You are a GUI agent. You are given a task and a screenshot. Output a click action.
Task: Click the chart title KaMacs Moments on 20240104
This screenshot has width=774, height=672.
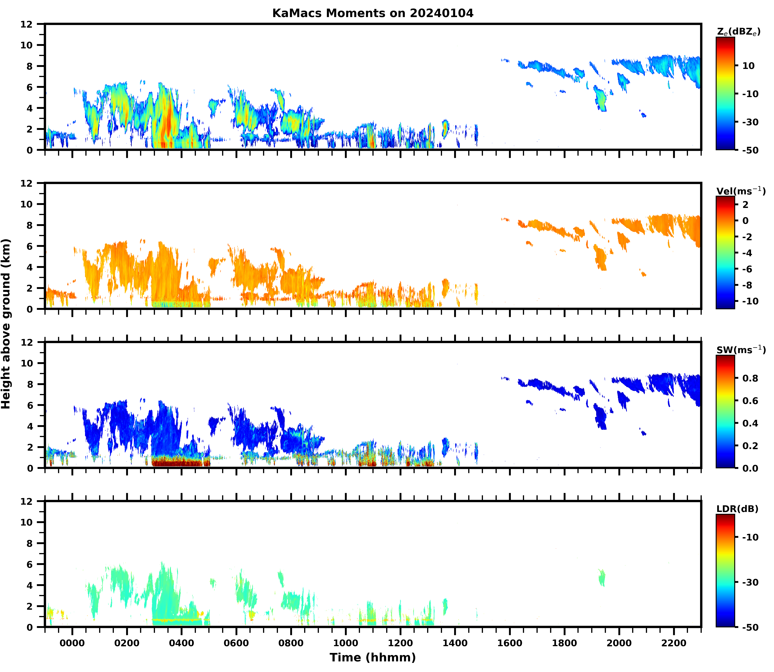(373, 13)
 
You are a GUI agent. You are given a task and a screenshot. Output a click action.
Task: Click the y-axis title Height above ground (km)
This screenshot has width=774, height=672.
(6, 324)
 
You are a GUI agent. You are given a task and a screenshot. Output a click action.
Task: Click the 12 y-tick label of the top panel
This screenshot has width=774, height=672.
(29, 24)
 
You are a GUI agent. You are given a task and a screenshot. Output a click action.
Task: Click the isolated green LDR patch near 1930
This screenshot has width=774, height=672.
(601, 578)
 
